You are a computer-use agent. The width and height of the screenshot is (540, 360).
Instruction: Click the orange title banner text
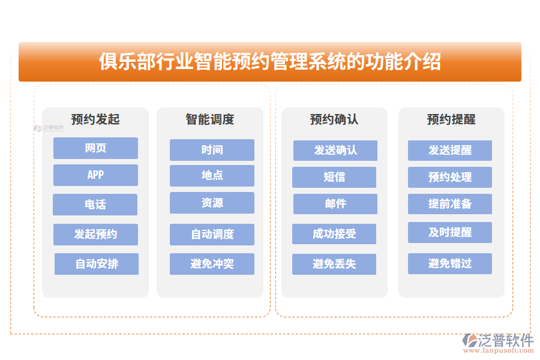269,62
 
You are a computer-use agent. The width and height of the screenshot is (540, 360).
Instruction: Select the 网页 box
95,148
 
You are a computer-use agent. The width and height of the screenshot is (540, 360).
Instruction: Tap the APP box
95,175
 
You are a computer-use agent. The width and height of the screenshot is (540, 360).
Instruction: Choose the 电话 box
95,205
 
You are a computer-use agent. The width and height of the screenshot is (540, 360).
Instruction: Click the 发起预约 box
95,235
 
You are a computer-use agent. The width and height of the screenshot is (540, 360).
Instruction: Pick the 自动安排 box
96,264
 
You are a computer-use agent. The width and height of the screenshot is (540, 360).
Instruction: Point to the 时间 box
212,150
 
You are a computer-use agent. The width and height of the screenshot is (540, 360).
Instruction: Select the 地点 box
212,176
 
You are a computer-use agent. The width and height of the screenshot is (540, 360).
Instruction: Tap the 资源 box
212,203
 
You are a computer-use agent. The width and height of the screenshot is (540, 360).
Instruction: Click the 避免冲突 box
212,264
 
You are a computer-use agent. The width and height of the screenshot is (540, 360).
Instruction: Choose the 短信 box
334,178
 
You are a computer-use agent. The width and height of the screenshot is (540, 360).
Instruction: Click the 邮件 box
335,204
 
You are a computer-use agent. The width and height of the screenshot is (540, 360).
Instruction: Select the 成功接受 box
334,234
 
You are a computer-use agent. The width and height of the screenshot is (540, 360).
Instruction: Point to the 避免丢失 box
334,264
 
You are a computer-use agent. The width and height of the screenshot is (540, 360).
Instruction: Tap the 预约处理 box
450,178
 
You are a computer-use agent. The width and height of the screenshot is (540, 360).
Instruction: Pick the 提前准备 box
450,204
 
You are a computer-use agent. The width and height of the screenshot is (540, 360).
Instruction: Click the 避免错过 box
450,264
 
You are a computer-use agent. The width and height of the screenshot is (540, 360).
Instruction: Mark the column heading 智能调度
210,119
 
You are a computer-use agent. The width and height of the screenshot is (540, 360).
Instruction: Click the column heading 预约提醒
451,119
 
